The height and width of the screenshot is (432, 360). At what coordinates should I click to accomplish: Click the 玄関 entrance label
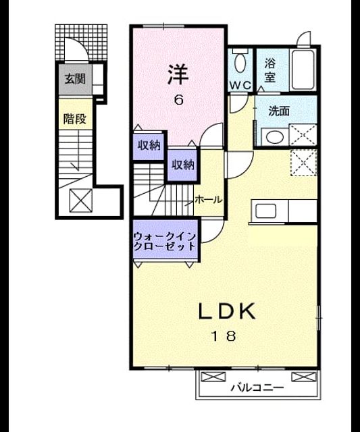(75, 79)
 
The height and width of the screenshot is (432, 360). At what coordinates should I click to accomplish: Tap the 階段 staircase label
(75, 119)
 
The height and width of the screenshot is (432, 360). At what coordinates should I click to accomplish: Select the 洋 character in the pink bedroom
(178, 74)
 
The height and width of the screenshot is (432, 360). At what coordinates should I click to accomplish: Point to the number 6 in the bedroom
(178, 100)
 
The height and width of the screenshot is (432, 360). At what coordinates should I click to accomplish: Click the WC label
(240, 85)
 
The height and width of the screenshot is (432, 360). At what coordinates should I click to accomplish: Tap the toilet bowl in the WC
(240, 63)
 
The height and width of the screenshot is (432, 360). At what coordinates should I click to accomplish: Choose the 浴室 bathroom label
(270, 70)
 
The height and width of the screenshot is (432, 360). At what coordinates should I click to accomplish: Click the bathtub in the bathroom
(303, 70)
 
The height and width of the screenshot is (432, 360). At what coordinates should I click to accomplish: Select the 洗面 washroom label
(279, 111)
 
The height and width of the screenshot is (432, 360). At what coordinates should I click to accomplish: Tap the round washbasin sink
(275, 137)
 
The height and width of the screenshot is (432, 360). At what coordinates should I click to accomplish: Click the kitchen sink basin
(265, 211)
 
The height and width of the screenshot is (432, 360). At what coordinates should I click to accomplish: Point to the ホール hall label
(209, 200)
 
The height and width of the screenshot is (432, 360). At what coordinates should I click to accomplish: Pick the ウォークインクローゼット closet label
(165, 241)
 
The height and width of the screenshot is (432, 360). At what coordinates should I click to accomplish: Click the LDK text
(226, 310)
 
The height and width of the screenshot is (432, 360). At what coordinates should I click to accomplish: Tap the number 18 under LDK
(224, 336)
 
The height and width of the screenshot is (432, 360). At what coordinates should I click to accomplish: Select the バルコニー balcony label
(257, 388)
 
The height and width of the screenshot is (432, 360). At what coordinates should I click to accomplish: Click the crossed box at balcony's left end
(213, 377)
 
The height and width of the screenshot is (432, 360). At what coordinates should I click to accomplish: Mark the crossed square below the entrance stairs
(81, 200)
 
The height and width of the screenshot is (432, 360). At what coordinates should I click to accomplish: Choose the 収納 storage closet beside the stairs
(183, 165)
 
